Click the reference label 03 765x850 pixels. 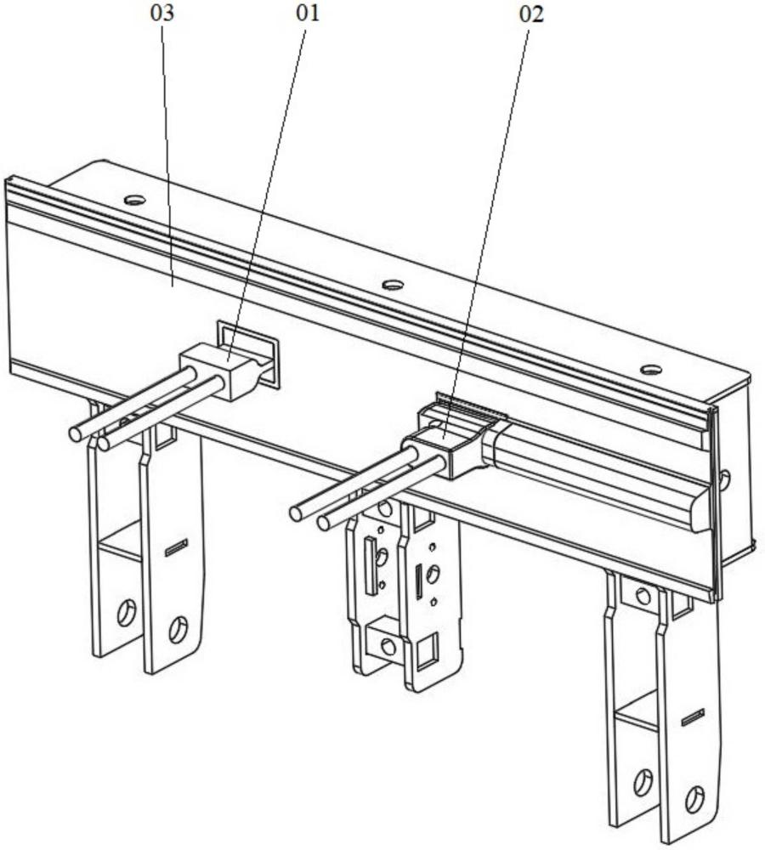(162, 13)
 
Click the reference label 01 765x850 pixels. (308, 13)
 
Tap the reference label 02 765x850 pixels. (530, 14)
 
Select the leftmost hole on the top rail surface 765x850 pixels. (135, 200)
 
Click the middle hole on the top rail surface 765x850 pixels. (393, 284)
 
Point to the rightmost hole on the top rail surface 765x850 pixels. (650, 370)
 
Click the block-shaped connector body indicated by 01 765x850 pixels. (225, 371)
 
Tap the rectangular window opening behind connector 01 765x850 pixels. (247, 353)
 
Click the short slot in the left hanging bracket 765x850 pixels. (176, 547)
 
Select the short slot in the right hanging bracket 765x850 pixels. (693, 717)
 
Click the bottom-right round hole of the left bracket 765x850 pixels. (178, 629)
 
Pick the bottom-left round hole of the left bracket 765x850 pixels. (127, 613)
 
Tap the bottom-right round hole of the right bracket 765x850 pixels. (694, 800)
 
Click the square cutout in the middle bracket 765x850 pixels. (427, 650)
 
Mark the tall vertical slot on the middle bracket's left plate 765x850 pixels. (371, 564)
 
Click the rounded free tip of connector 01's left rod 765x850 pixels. (76, 433)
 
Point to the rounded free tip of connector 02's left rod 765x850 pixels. (297, 513)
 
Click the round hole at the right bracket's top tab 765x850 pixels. (643, 597)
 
